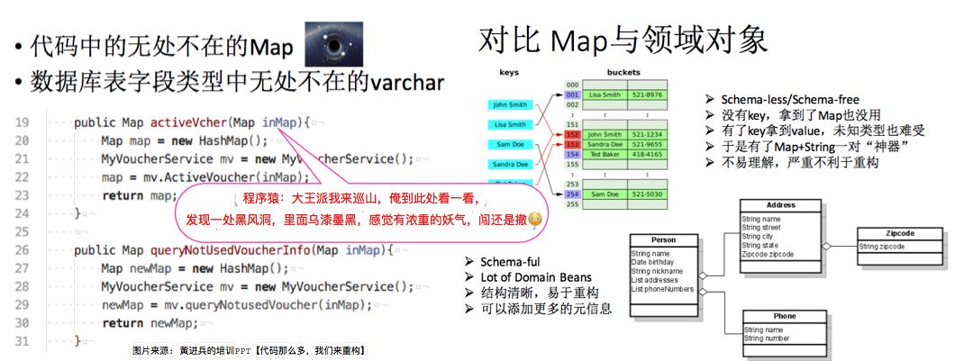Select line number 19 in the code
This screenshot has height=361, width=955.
pos(25,122)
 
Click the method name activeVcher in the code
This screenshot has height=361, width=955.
pos(189,122)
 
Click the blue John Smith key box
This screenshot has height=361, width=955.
pos(511,104)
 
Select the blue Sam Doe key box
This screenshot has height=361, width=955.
pos(511,144)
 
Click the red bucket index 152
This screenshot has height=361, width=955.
pos(571,134)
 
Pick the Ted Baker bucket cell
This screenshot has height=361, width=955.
pos(606,154)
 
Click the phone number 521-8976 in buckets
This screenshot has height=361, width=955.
pos(647,94)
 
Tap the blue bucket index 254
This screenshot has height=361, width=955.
pos(571,194)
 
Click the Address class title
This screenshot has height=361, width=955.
pos(780,205)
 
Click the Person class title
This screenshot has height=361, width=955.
pos(663,241)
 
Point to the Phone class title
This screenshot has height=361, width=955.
pos(784,317)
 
